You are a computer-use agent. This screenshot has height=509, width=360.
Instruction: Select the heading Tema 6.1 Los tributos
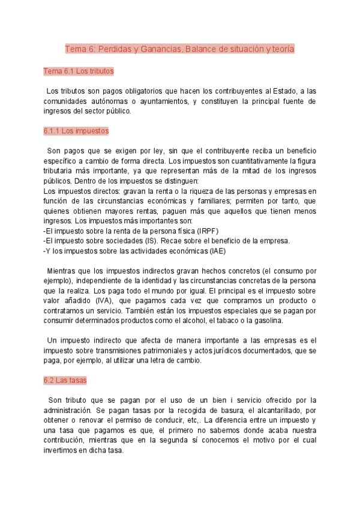point(78,71)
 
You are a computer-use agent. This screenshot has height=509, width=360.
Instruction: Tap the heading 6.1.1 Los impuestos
point(76,130)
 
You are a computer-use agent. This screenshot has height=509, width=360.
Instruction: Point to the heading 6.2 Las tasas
point(65,380)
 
